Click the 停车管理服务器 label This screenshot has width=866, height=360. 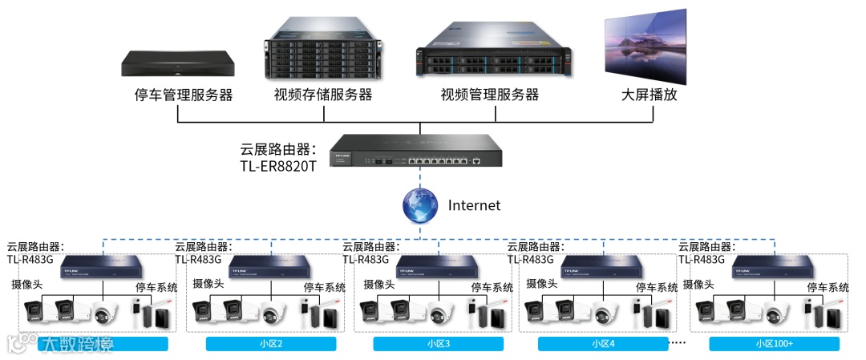coord(183,95)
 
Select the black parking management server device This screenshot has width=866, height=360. coord(179,63)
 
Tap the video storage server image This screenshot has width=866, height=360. coord(322,50)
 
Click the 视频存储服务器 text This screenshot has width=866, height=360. coord(323,95)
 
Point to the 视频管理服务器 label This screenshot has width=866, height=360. coord(489,95)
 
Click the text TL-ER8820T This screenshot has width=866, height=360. coord(278,166)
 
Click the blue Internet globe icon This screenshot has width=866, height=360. coord(420,205)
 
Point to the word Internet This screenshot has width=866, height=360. coord(474,205)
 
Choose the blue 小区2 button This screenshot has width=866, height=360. coord(271,344)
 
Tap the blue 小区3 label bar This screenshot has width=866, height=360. coord(438,344)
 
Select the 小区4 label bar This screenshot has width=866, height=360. coord(603,344)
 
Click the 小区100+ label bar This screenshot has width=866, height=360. coord(774,344)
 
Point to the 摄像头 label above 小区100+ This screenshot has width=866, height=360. coord(699,285)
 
